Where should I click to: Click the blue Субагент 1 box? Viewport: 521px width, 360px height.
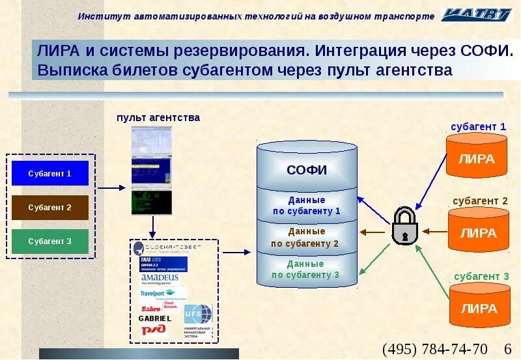[49, 174]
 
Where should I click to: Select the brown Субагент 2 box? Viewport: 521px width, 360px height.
[49, 208]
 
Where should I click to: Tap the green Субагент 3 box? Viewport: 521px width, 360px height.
[49, 242]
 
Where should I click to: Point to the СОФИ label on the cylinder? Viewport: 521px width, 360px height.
[306, 171]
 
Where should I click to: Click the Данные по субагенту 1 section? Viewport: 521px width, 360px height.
[306, 206]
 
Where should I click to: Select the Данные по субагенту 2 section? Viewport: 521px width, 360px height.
[306, 238]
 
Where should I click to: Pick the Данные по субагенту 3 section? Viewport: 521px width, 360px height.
[306, 270]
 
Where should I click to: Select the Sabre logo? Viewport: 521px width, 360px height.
[151, 307]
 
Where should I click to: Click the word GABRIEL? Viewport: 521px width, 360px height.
[155, 318]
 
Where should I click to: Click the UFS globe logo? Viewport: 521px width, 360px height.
[198, 314]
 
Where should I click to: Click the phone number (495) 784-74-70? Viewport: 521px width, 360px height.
[434, 348]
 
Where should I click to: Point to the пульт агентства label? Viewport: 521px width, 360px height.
[158, 118]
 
